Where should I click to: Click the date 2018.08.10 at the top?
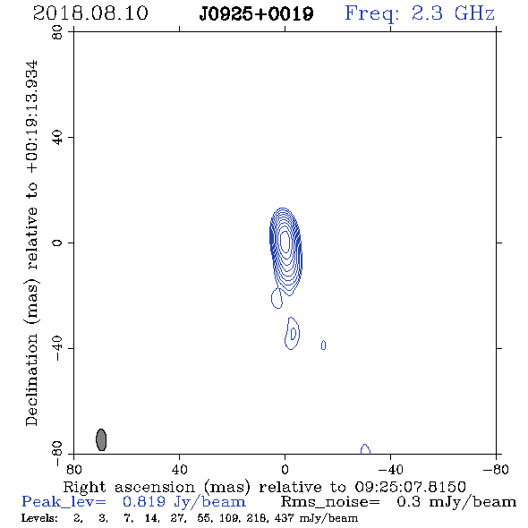coord(90,13)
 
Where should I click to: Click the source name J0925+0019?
coord(256,14)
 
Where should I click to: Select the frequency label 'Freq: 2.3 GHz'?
coord(420,13)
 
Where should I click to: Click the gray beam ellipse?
coord(101,439)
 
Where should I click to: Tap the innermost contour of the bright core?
coord(285,242)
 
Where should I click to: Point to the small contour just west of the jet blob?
coord(323,345)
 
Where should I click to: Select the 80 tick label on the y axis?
coord(57,33)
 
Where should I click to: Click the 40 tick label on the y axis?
coord(57,138)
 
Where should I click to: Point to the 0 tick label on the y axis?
coord(57,243)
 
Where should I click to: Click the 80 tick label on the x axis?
coord(73,470)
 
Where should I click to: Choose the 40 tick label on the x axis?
coord(179,470)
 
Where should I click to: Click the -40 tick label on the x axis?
coord(390,470)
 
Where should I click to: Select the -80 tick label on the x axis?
coord(496,470)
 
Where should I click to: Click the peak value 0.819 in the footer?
coord(144,502)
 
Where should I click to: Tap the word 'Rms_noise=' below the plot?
coord(330,502)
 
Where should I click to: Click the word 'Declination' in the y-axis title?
coord(31,379)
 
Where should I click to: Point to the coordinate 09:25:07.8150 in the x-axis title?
coord(410,487)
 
